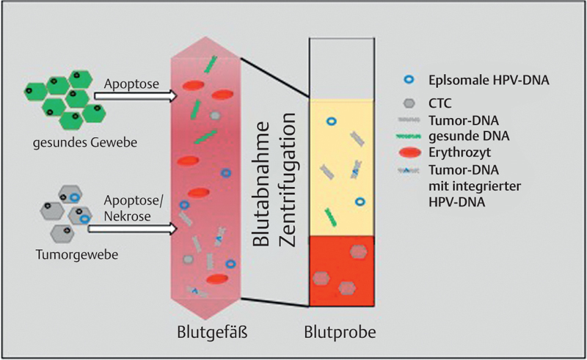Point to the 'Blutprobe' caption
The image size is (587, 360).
pyautogui.click(x=341, y=331)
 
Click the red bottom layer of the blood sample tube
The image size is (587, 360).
pyautogui.click(x=342, y=271)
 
